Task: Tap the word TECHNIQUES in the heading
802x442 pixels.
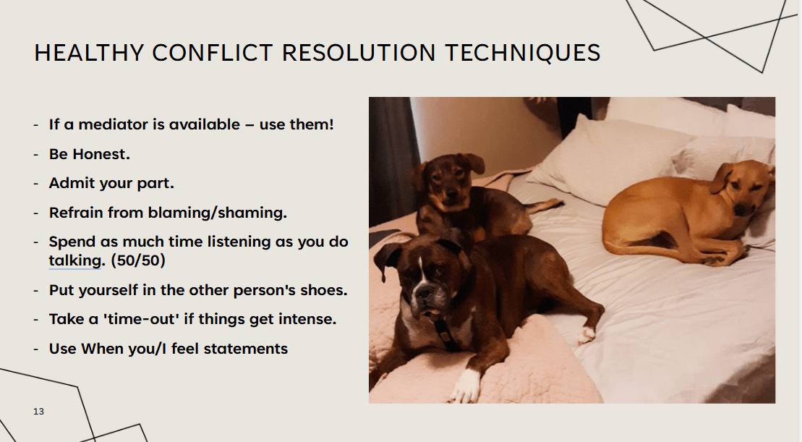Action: click(x=522, y=54)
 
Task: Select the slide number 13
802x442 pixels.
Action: click(x=38, y=412)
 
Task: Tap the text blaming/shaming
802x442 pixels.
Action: click(x=218, y=213)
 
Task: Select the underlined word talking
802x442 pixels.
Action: click(x=75, y=261)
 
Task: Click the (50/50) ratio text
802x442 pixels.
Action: click(x=138, y=260)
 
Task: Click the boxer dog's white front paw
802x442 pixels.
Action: click(x=466, y=386)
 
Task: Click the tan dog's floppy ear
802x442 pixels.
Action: click(x=722, y=177)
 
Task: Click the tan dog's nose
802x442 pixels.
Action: click(x=740, y=209)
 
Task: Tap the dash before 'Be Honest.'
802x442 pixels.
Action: click(x=36, y=155)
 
